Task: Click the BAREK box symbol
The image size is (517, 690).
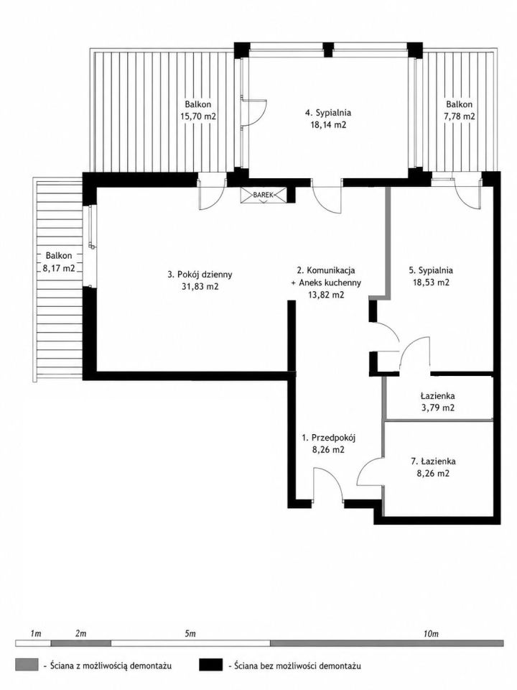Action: [264, 195]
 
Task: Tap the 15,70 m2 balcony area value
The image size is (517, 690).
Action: [198, 116]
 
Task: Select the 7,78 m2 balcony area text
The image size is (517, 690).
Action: [460, 116]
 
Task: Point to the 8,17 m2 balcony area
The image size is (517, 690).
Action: [58, 268]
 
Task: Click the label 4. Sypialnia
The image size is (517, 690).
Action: [328, 113]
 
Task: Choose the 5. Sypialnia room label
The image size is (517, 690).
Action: [431, 270]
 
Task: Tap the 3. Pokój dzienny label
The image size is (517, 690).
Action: [200, 275]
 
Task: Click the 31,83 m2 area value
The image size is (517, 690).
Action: [200, 287]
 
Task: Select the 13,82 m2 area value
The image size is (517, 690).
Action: [326, 295]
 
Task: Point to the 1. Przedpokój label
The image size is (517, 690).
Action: [328, 438]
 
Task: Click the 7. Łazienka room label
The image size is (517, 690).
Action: [433, 461]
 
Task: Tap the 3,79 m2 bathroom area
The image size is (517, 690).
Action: [437, 408]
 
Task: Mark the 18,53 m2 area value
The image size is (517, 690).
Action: [431, 282]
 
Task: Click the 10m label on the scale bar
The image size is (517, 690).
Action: [432, 634]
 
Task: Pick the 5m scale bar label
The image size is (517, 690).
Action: [190, 634]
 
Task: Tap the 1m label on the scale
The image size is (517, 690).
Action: [36, 634]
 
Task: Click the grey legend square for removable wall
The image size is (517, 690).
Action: [27, 665]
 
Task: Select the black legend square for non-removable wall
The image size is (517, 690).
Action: [210, 665]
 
